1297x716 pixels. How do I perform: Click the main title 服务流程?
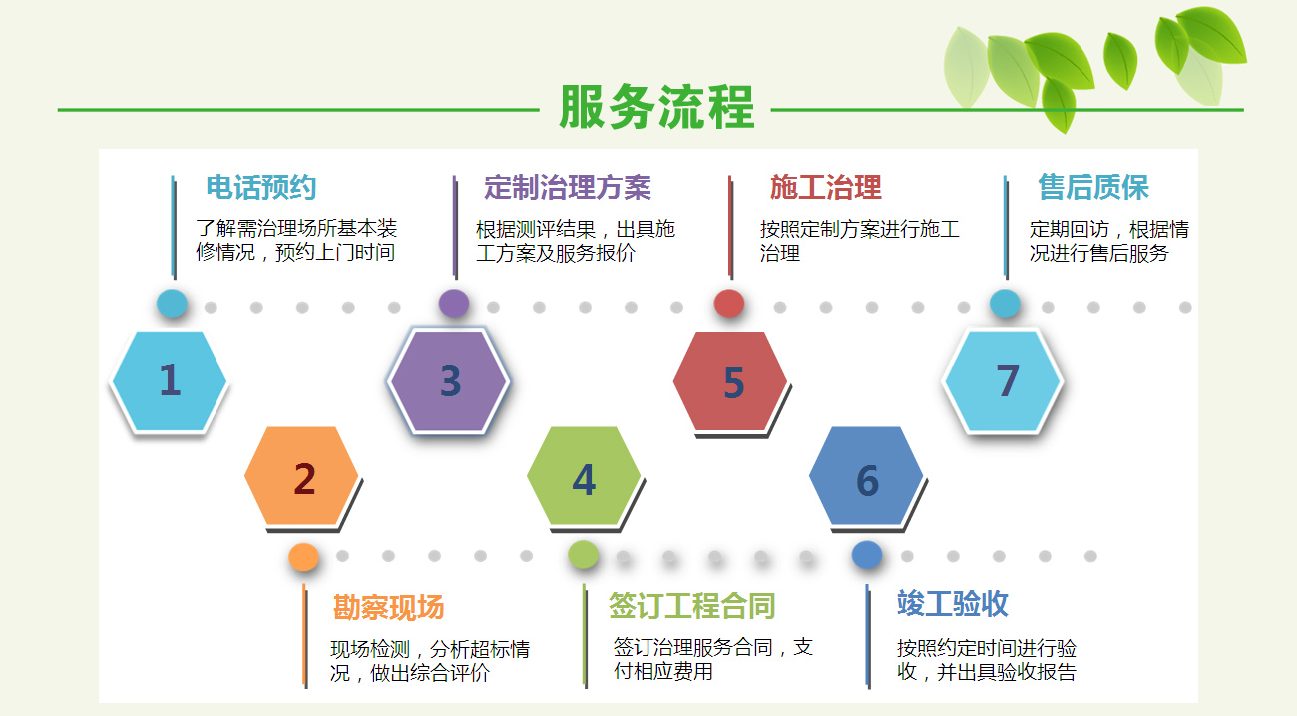(x=656, y=107)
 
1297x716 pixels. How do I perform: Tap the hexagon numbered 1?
(x=169, y=381)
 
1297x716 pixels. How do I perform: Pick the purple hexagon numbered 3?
(x=449, y=381)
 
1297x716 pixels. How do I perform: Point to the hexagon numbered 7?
(x=1003, y=381)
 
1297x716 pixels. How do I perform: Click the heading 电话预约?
(x=261, y=187)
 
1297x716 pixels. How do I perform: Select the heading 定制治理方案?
(x=568, y=187)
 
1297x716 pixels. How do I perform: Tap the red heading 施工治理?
(x=826, y=187)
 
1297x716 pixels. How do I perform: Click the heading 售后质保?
(x=1093, y=187)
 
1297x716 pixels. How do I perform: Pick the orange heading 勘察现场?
(x=388, y=607)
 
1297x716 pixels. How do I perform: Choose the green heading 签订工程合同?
(x=692, y=606)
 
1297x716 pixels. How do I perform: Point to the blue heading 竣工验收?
(x=953, y=603)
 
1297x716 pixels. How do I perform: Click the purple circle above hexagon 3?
(x=453, y=304)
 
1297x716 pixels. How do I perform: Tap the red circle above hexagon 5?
(x=729, y=304)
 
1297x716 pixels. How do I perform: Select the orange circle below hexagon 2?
(x=303, y=557)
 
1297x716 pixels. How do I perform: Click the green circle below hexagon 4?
(x=583, y=555)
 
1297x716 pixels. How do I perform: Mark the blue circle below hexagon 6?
(x=867, y=555)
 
